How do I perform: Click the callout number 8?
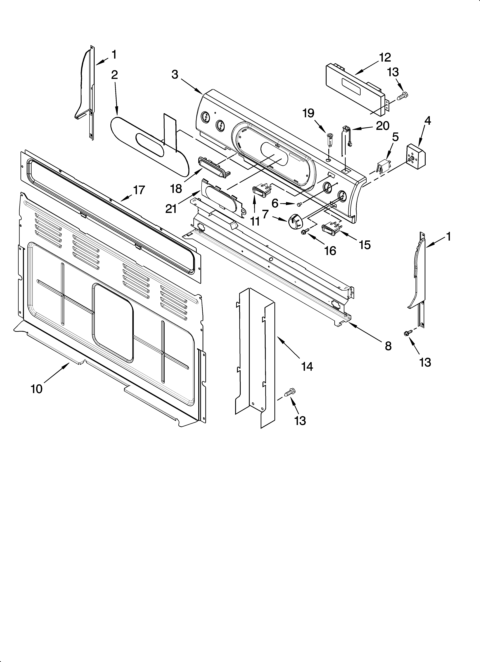[x=388, y=346]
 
